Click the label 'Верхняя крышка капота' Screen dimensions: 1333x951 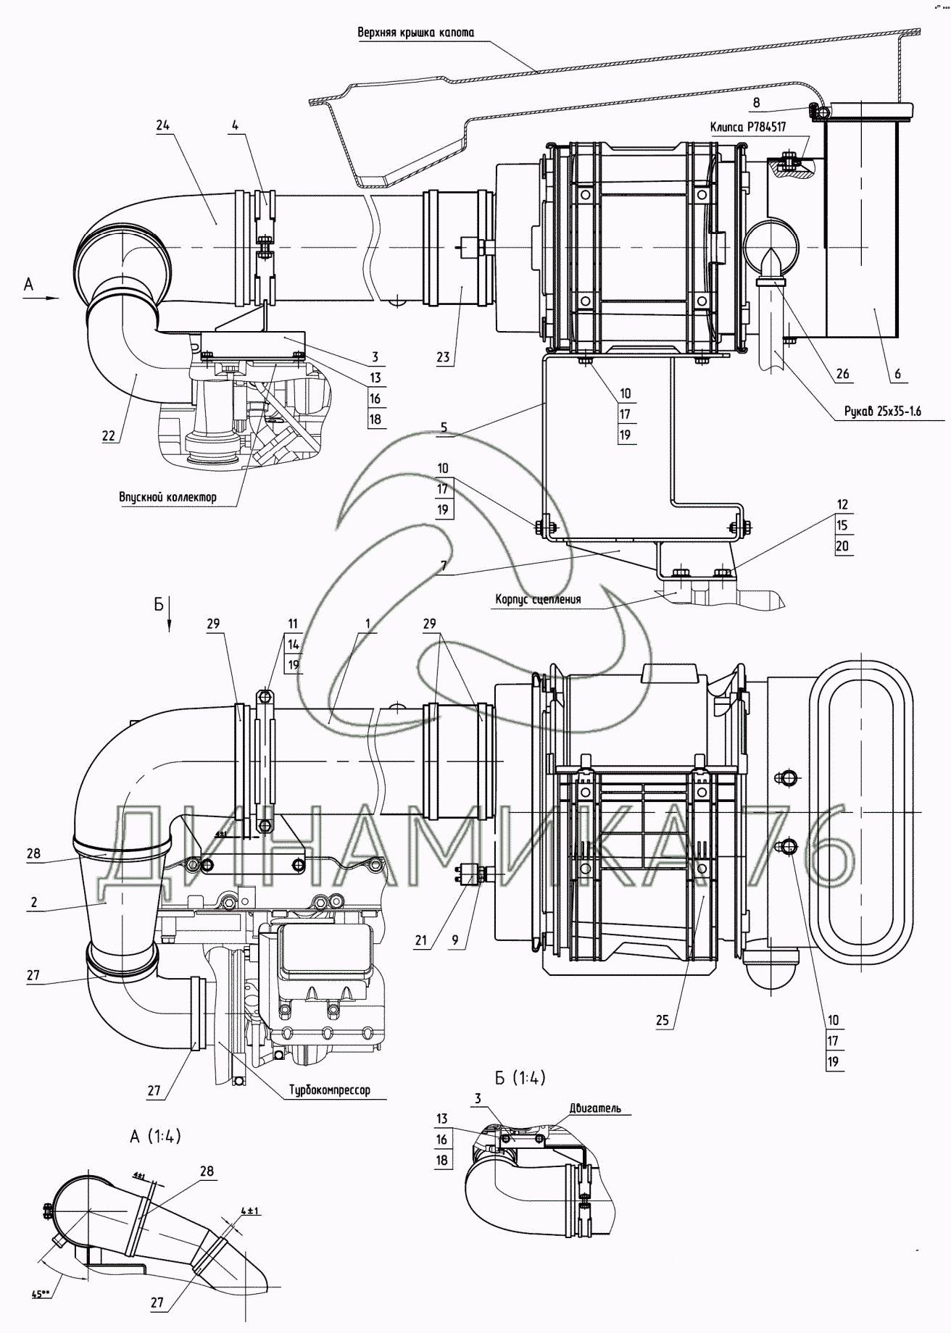coord(415,33)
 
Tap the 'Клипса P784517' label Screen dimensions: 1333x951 coord(748,127)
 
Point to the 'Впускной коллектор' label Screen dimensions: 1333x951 coord(167,497)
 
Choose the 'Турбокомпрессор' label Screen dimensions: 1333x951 coord(329,1090)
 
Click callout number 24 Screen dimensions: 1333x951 coord(162,125)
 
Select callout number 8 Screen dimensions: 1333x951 coord(756,102)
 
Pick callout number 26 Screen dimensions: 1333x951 coord(842,375)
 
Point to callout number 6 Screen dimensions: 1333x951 coord(897,375)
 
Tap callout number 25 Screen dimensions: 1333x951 coord(663,1021)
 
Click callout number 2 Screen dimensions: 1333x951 coord(34,903)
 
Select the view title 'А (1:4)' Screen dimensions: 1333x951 coord(155,1137)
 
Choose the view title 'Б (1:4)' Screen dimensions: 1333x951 coord(520,1077)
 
